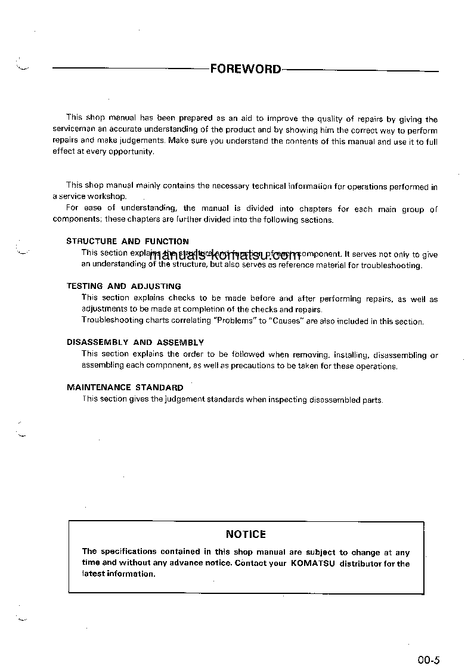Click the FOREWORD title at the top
click(x=245, y=69)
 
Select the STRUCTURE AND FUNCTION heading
click(x=128, y=241)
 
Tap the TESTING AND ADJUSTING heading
click(x=124, y=286)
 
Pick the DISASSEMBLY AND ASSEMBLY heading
click(x=135, y=343)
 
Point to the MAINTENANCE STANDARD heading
click(x=125, y=387)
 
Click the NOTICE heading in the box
click(x=246, y=534)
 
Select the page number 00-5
click(x=428, y=659)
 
